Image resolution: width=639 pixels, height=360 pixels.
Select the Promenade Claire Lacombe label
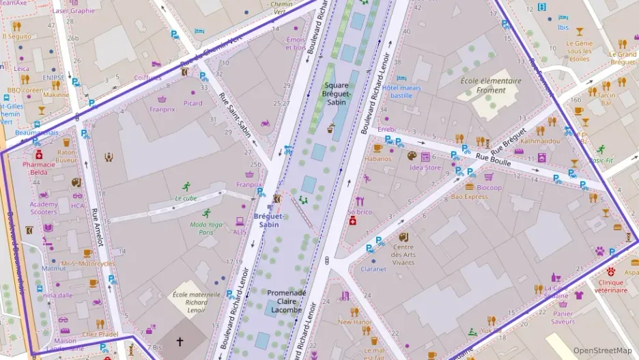click(287, 301)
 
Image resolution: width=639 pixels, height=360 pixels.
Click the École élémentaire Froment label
click(491, 85)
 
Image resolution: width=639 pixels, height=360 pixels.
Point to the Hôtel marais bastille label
click(397, 91)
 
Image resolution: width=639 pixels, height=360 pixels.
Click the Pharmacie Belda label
click(38, 168)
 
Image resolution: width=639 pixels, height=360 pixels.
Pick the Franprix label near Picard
click(162, 109)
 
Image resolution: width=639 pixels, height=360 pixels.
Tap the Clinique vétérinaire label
click(611, 286)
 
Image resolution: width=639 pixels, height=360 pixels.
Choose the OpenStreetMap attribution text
click(603, 350)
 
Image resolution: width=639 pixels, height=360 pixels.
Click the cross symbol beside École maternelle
click(180, 341)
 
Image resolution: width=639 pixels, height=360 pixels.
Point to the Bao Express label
click(469, 197)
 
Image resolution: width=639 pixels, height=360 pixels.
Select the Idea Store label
click(425, 167)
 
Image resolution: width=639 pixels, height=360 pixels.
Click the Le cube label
click(186, 198)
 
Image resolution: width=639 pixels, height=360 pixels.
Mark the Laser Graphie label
click(73, 11)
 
